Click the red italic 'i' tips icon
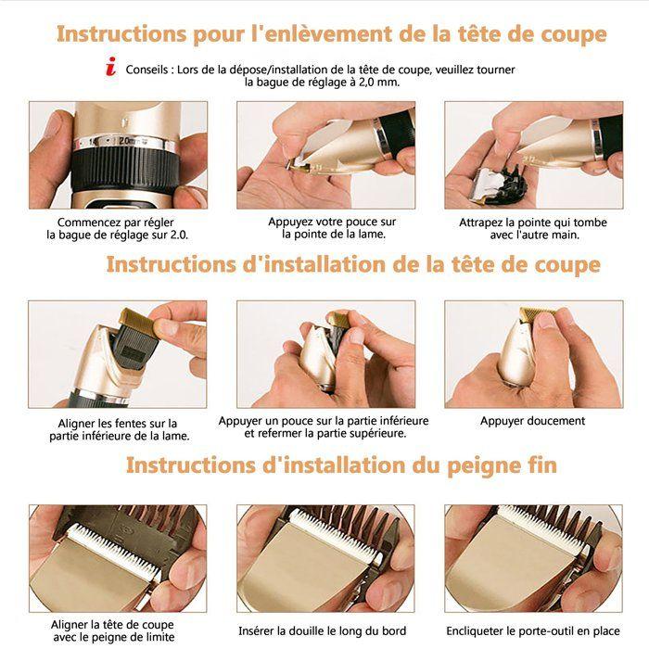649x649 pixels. pos(112,69)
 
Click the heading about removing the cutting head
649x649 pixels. pos(332,34)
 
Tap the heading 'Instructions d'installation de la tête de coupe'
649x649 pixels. pos(353,264)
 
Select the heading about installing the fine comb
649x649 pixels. pos(342,464)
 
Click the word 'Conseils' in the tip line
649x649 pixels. pos(146,70)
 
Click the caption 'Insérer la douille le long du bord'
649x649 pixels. pos(323,630)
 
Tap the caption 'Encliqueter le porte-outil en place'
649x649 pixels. pos(533,630)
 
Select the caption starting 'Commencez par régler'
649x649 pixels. pos(118,229)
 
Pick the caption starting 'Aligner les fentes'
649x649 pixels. pos(118,429)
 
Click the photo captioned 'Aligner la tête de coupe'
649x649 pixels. pos(118,557)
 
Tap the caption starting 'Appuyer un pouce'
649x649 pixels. pos(324,427)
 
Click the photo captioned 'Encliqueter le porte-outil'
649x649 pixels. pos(533,557)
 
